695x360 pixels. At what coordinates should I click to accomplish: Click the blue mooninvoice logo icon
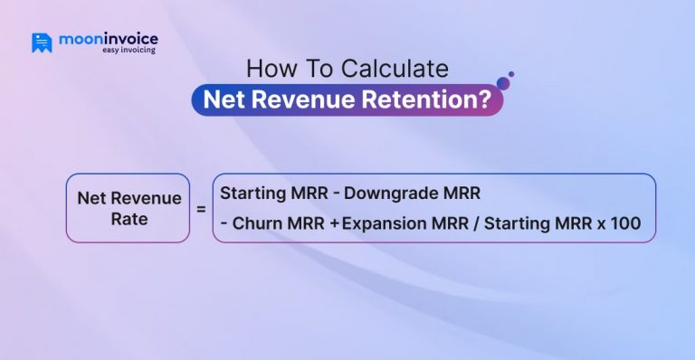click(x=42, y=43)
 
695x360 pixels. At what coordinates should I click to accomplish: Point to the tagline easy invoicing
click(x=129, y=51)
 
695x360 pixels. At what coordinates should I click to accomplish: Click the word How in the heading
click(x=266, y=70)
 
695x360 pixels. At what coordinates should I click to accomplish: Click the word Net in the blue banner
click(x=222, y=99)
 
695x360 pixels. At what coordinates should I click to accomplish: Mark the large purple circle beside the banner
click(x=503, y=83)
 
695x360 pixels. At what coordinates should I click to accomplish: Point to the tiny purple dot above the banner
click(x=511, y=74)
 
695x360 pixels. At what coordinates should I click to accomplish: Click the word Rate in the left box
click(x=129, y=218)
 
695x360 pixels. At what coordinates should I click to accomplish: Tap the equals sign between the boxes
click(x=201, y=208)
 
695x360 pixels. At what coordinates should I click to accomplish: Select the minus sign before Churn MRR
click(x=224, y=224)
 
